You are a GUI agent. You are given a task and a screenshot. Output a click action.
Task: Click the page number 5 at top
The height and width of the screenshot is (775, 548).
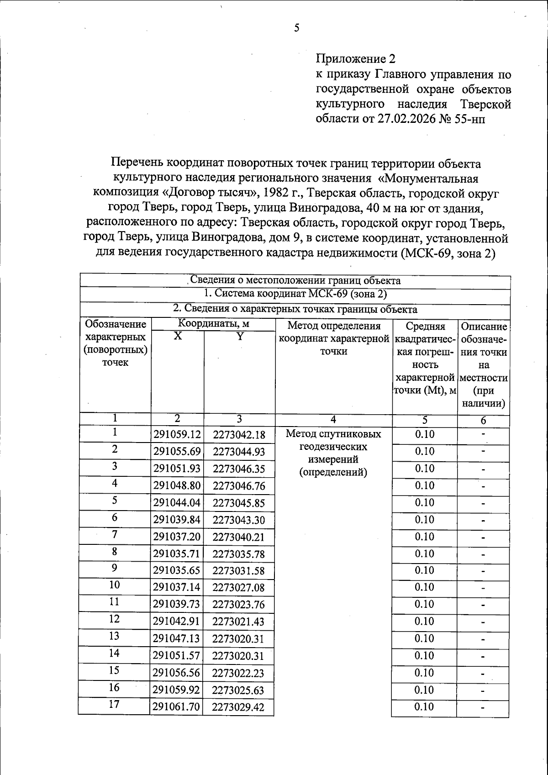point(297,28)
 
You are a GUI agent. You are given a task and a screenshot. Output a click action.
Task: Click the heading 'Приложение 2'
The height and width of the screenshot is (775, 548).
point(355,59)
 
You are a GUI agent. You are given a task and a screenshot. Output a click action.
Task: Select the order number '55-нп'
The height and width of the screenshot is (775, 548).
point(470,119)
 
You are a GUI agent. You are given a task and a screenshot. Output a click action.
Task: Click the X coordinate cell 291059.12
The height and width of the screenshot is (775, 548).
point(177,434)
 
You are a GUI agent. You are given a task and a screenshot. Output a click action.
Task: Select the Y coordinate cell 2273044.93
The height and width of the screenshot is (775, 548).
point(238,452)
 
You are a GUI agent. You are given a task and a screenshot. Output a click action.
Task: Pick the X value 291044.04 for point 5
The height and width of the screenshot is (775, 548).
point(177,503)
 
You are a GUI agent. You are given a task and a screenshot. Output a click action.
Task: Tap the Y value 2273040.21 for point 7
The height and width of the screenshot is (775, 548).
point(238,537)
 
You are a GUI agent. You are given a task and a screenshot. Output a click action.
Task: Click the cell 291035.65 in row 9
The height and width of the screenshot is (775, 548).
point(177,571)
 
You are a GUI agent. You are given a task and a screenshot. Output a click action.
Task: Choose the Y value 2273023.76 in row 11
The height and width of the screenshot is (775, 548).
point(238,605)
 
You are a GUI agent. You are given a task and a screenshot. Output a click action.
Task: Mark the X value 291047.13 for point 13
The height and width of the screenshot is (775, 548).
point(177,639)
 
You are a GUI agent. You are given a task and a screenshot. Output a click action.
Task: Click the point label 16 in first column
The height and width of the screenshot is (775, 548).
point(114,687)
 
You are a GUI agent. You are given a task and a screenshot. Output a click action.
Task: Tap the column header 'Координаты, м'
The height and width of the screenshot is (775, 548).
point(213,324)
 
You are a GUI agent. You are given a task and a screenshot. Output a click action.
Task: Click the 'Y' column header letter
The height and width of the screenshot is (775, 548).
point(239,337)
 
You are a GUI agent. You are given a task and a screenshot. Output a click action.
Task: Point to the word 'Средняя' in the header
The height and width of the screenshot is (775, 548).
point(425,327)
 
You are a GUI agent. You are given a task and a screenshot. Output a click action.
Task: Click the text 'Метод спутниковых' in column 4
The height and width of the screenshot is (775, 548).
point(333,434)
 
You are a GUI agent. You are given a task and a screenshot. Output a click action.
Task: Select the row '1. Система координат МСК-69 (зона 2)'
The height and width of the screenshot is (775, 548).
point(295,294)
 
